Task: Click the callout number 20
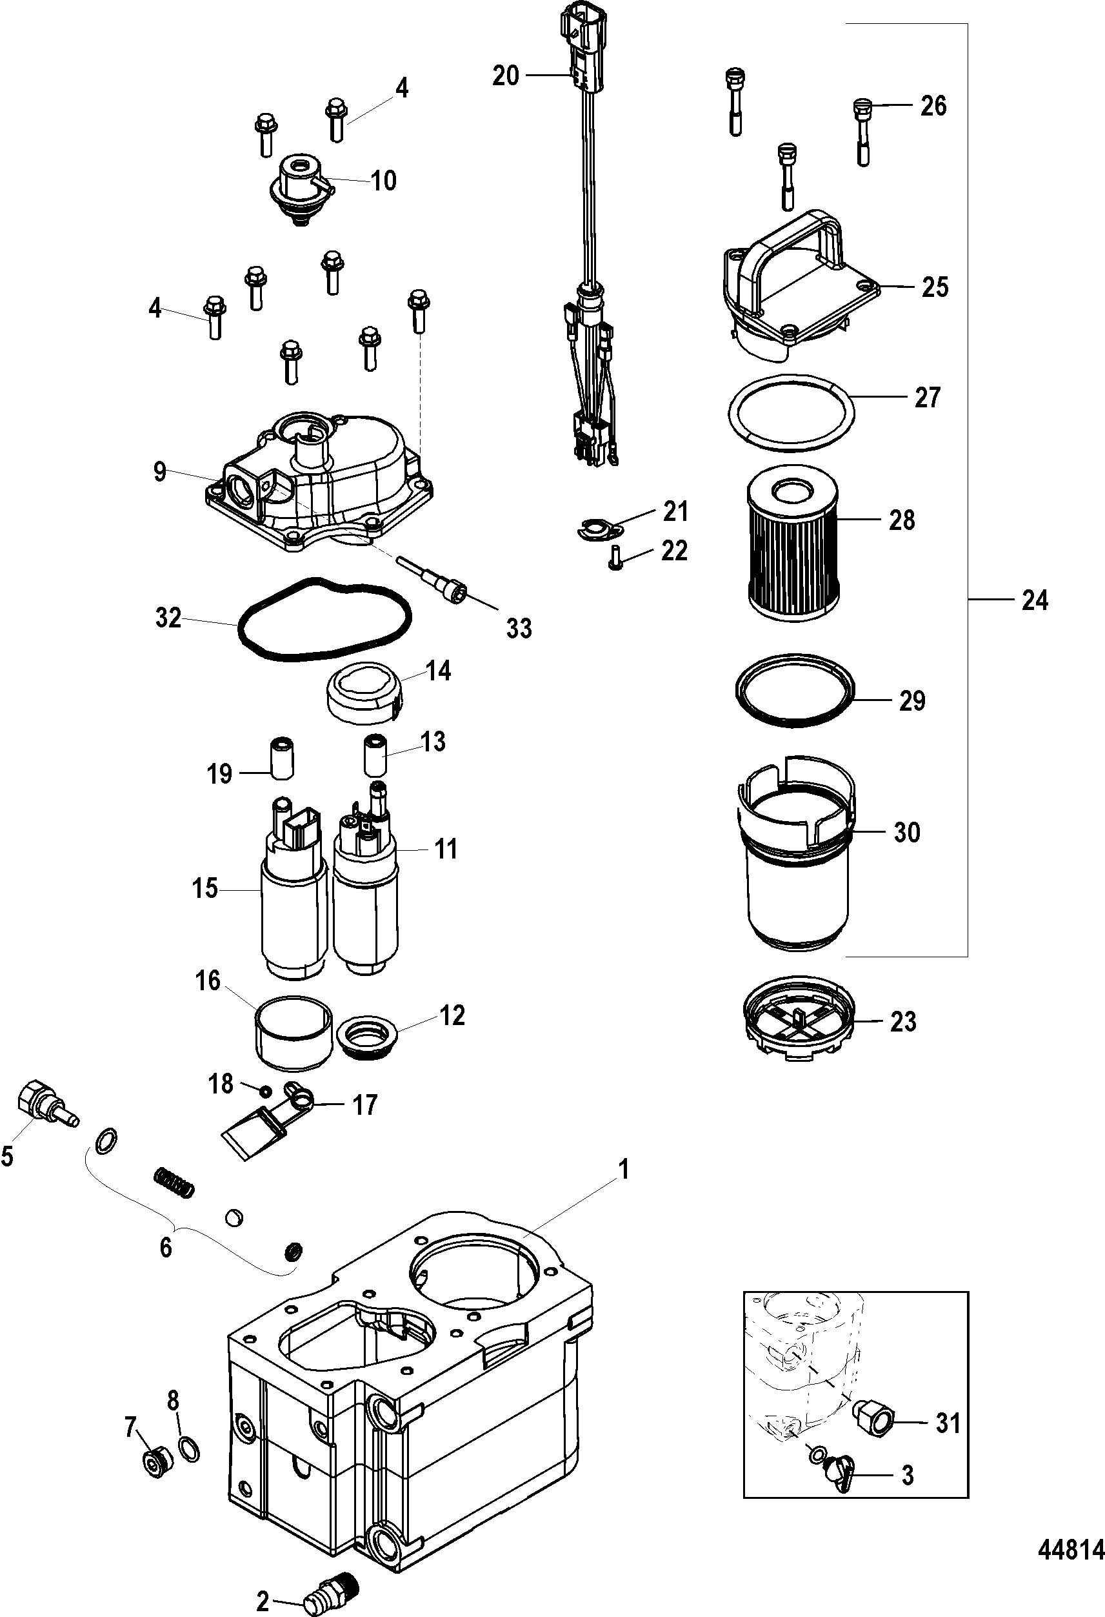point(506,74)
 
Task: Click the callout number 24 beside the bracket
point(1035,599)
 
